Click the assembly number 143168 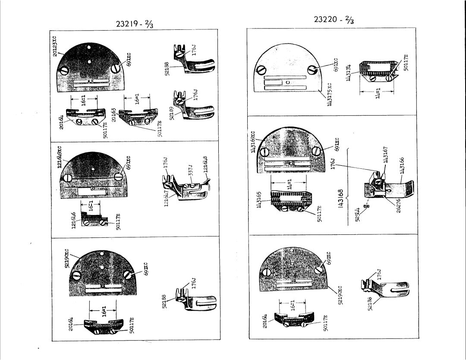click(340, 199)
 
